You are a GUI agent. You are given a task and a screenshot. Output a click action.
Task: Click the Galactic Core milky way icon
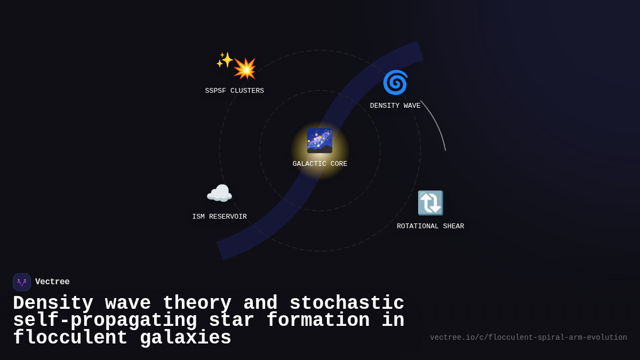(319, 141)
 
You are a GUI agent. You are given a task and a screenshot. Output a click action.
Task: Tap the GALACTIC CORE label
(319, 164)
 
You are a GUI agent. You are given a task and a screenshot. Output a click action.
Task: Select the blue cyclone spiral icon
(395, 83)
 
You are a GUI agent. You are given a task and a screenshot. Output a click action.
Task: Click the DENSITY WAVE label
(395, 106)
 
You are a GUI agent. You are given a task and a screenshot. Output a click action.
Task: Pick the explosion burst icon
(245, 69)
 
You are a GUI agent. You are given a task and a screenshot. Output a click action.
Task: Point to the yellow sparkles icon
(225, 60)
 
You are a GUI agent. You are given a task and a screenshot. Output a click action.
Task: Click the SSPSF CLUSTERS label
(235, 91)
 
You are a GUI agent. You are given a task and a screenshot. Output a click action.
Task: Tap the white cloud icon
(219, 194)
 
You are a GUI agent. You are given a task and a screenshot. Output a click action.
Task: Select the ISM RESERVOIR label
(219, 217)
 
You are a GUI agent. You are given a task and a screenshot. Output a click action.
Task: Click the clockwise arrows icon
(430, 203)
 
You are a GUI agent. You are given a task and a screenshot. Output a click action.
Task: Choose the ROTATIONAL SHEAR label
(430, 227)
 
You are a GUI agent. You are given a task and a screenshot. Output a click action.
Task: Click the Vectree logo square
(22, 282)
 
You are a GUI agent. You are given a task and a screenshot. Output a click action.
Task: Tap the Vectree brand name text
(52, 282)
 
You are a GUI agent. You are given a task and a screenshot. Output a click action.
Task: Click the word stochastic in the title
(347, 303)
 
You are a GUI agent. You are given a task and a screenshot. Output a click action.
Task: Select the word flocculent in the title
(69, 338)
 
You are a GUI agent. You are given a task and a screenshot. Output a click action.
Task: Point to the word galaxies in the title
(185, 338)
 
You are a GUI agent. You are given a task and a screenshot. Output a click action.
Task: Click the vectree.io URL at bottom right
(528, 338)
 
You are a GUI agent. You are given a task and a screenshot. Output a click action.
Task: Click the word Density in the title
(53, 303)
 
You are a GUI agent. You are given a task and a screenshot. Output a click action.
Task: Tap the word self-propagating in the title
(105, 321)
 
